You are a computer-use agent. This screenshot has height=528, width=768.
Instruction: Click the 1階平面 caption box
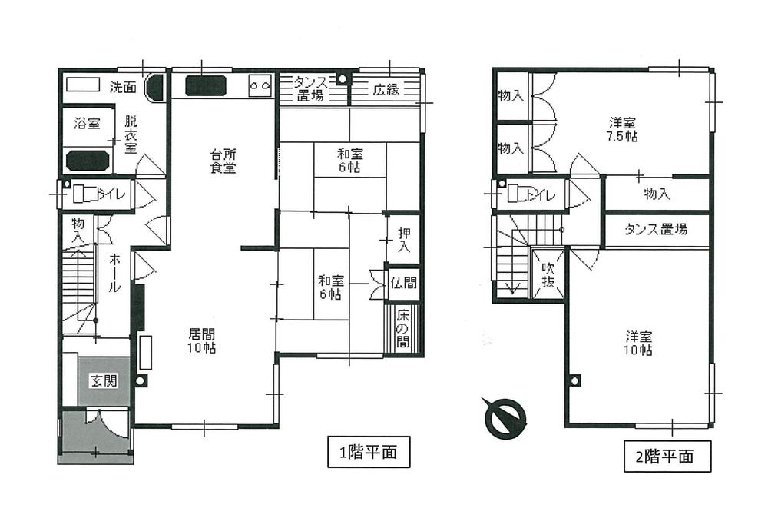coord(362,453)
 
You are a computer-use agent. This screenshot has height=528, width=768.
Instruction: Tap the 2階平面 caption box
coord(664,457)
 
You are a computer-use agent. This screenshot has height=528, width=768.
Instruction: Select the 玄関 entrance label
coord(103,380)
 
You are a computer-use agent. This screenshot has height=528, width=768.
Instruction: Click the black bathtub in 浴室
coord(88,161)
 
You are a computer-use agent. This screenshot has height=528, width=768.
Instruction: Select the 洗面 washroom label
coord(122,87)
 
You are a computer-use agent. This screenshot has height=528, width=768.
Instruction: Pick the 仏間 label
coord(404,283)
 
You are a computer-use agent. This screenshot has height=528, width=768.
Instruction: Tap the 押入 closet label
coord(404,241)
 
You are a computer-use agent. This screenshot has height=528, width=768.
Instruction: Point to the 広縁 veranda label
coord(386,89)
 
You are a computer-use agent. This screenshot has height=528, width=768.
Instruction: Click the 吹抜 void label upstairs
coord(548,276)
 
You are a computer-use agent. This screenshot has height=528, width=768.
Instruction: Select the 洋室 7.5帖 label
coord(623,129)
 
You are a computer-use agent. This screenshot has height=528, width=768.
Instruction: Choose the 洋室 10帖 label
coord(638,343)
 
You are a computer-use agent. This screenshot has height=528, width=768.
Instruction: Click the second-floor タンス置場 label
coord(656,228)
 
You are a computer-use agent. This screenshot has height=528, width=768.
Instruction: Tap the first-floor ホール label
coord(114,273)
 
